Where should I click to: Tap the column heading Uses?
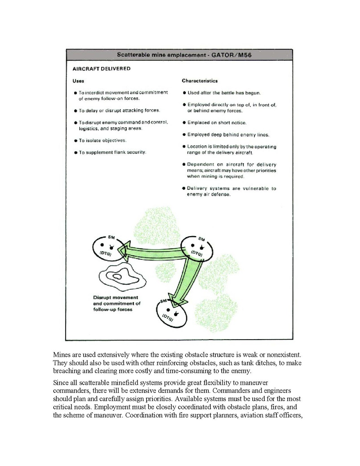79,81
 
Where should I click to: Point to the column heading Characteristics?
199,81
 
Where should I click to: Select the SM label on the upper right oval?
201,238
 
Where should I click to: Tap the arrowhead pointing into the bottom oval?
178,302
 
